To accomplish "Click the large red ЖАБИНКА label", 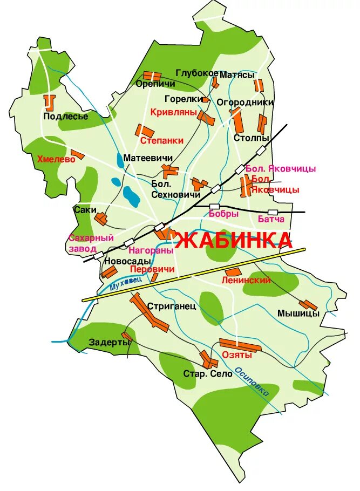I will click(x=234, y=240).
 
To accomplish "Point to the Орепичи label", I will click(x=155, y=84).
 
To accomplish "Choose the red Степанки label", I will click(x=161, y=140).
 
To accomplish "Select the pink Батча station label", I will click(x=271, y=219).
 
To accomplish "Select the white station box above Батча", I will click(x=273, y=212).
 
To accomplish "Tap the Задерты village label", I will click(x=110, y=342).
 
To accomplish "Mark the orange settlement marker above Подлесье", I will click(x=50, y=102).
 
